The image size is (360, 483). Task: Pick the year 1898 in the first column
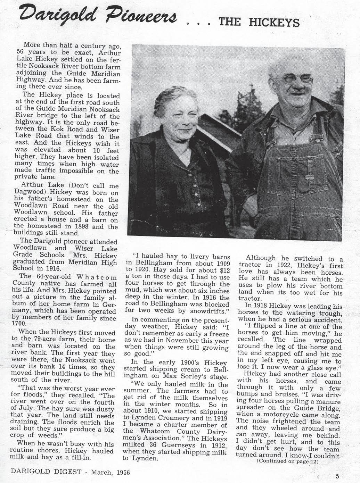(86, 227)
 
